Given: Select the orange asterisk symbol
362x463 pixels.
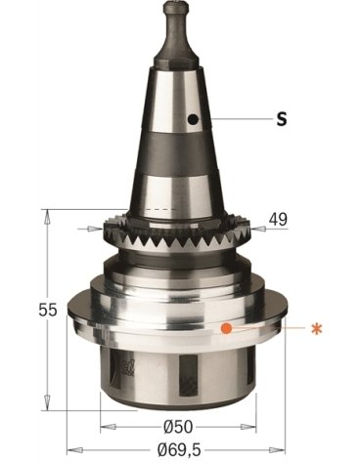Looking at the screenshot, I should (315, 328).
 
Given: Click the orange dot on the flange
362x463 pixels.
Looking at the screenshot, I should (226, 328).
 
